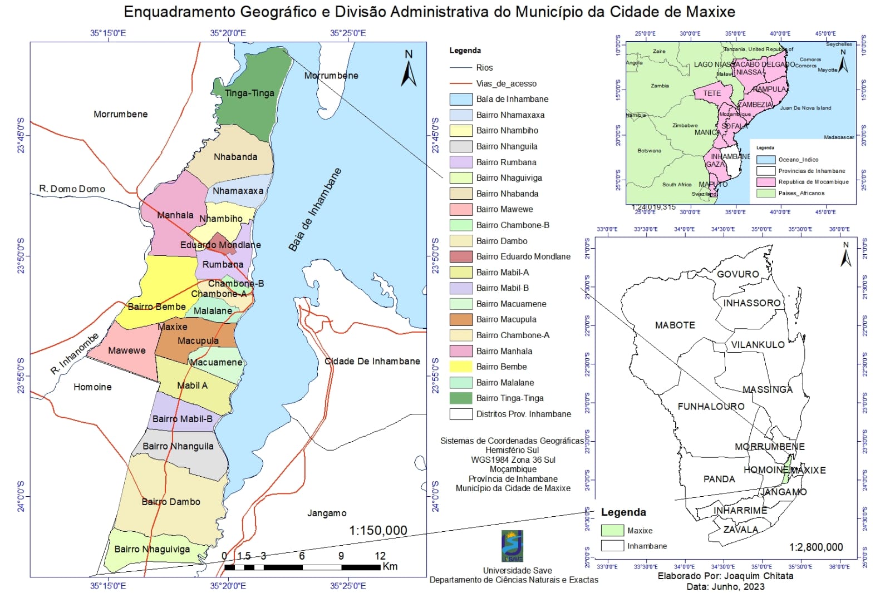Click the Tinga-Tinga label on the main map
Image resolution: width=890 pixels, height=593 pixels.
pyautogui.click(x=249, y=93)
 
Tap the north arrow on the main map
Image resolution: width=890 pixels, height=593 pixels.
pyautogui.click(x=409, y=69)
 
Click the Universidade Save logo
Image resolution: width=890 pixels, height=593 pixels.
pyautogui.click(x=512, y=546)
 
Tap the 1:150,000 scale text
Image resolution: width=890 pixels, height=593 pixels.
pyautogui.click(x=378, y=530)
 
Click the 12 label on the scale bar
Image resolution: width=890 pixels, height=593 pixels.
pyautogui.click(x=380, y=556)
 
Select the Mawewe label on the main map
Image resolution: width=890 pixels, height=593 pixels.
pyautogui.click(x=127, y=350)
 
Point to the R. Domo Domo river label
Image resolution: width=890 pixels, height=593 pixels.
pyautogui.click(x=72, y=189)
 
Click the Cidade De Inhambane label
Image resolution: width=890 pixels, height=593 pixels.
pyautogui.click(x=372, y=361)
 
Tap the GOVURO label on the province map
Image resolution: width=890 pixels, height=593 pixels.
pyautogui.click(x=737, y=274)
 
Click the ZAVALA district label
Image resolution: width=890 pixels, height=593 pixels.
pyautogui.click(x=740, y=529)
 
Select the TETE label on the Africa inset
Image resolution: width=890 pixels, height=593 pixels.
pyautogui.click(x=711, y=93)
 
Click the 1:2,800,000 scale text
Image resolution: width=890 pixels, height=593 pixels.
pyautogui.click(x=815, y=547)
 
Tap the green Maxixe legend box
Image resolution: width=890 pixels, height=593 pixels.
pyautogui.click(x=612, y=530)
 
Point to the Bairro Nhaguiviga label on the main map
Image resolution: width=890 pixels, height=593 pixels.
pyautogui.click(x=152, y=549)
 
